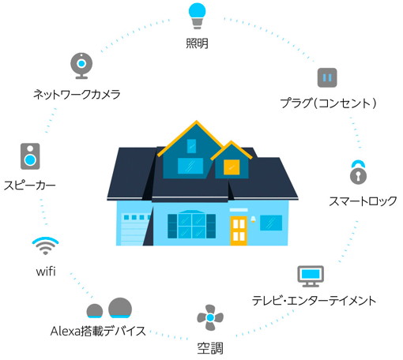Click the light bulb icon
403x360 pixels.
(197, 16)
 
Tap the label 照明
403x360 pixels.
(197, 43)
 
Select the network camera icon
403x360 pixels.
(81, 66)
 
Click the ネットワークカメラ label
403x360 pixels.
(77, 94)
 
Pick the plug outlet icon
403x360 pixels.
(327, 77)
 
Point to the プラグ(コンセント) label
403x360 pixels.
(328, 103)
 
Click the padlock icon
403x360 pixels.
(358, 172)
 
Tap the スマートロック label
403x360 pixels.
(363, 201)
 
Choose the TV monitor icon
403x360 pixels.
(311, 276)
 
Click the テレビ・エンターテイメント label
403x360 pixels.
(314, 301)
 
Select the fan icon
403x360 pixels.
(210, 317)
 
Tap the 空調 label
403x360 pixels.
(210, 348)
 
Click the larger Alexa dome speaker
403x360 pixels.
(120, 308)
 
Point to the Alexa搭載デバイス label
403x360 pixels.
(98, 331)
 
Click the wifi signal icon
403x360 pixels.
(45, 246)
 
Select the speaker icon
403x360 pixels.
(30, 156)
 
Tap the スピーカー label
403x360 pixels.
(30, 186)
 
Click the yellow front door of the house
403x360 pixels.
(239, 231)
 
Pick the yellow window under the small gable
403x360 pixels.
(232, 167)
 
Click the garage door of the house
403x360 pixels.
(133, 229)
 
